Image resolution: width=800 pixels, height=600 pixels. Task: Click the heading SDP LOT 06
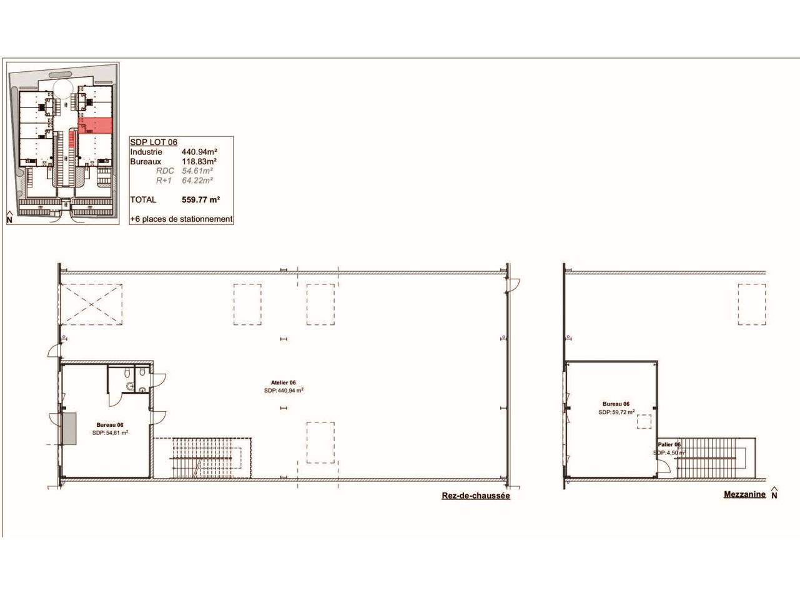(154, 142)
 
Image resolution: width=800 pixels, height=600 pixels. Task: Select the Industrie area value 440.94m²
(199, 152)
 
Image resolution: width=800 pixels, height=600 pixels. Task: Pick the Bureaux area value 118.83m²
(199, 161)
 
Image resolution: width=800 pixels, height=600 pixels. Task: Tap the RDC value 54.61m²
(197, 171)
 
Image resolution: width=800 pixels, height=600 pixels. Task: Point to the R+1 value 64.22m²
(197, 180)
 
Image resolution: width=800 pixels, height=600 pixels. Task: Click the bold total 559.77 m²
(201, 199)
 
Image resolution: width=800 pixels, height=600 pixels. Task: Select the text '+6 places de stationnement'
(181, 219)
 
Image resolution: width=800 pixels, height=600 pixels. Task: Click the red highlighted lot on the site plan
(96, 126)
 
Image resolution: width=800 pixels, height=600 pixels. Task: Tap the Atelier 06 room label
(283, 382)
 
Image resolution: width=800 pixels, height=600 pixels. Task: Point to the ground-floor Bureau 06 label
(110, 425)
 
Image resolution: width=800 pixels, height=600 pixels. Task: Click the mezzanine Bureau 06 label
(616, 404)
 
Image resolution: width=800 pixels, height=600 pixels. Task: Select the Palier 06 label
(669, 444)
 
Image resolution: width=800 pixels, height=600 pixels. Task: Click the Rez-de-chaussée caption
(476, 496)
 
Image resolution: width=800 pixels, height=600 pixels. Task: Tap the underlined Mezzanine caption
(744, 494)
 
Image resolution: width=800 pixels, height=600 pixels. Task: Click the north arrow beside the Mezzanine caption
(774, 492)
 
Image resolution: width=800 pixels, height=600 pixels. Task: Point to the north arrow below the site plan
(9, 217)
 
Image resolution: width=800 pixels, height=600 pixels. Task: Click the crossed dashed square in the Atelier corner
(91, 304)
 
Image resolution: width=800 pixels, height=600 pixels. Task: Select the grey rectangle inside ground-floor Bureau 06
(69, 429)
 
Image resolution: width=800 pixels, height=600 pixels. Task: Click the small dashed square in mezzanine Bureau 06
(644, 421)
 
